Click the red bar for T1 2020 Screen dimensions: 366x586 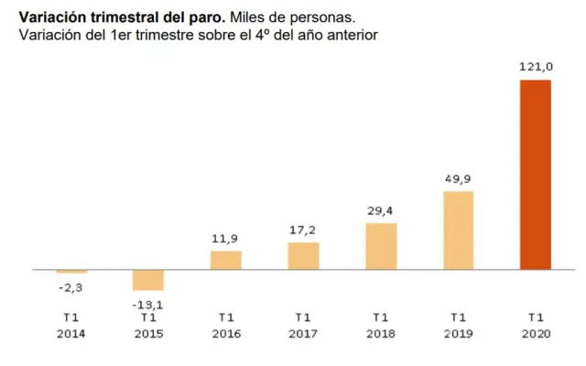coord(535,175)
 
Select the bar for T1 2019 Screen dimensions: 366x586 coord(458,230)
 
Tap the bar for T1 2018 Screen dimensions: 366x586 coord(381,246)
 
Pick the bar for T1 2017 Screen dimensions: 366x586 coord(303,256)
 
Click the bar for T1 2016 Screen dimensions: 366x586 coord(226,260)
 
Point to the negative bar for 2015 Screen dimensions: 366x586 coord(148,280)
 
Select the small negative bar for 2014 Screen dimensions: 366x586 coord(71,272)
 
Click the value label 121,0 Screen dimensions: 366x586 coord(535,67)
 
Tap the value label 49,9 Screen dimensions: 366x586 coord(458,178)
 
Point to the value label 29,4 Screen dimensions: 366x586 coord(381,210)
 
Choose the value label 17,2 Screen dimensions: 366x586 coord(303,230)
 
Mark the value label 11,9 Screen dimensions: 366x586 coord(226,238)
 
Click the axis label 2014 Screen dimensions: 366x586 coord(71,335)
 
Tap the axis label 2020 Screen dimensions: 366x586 coord(535,335)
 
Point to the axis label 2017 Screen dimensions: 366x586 coord(303,335)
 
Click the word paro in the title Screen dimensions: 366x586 coord(203,16)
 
